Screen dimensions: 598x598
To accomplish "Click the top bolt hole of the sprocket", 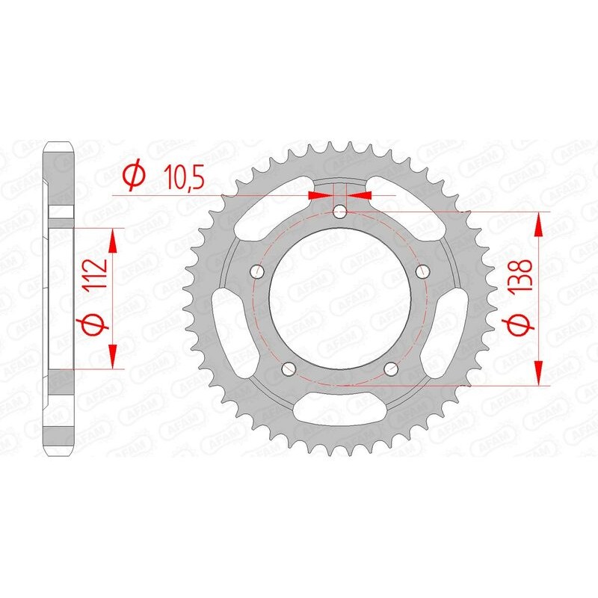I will pos(340,212).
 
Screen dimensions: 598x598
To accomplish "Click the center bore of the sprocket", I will pos(340,299).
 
